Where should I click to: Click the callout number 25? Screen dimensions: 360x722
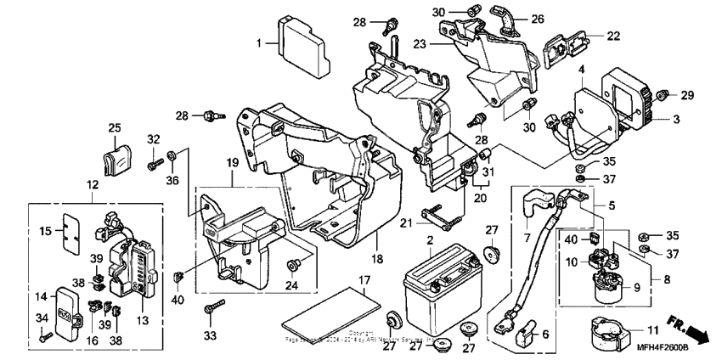click(x=115, y=128)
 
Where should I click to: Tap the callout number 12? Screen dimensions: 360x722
click(x=91, y=184)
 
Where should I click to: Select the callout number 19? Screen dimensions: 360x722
click(x=230, y=161)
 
